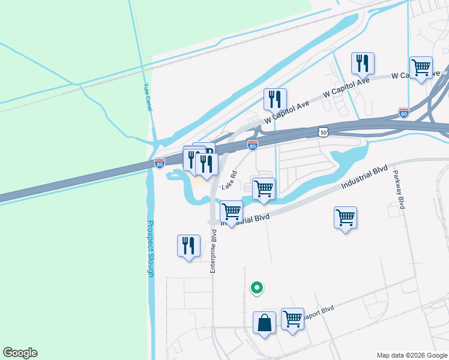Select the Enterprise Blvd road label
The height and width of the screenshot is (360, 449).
pyautogui.click(x=212, y=251)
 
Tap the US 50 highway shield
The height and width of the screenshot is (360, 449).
pyautogui.click(x=324, y=131)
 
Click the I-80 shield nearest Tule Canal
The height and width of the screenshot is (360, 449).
pyautogui.click(x=159, y=163)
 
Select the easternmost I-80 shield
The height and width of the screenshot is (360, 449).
pyautogui.click(x=404, y=112)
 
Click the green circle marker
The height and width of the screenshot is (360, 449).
pyautogui.click(x=257, y=289)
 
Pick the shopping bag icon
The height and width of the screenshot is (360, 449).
pyautogui.click(x=264, y=323)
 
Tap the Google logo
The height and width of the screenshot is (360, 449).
pyautogui.click(x=20, y=353)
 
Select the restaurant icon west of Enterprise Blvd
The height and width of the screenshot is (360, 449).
pyautogui.click(x=188, y=245)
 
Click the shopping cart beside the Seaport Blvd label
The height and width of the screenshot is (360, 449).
pyautogui.click(x=292, y=319)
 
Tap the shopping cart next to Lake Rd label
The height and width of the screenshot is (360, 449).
pyautogui.click(x=264, y=188)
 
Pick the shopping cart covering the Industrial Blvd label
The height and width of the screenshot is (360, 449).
pyautogui.click(x=232, y=211)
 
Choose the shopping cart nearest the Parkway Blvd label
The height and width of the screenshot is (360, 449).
pyautogui.click(x=345, y=217)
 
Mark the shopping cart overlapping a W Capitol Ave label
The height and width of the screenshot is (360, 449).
pyautogui.click(x=421, y=67)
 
